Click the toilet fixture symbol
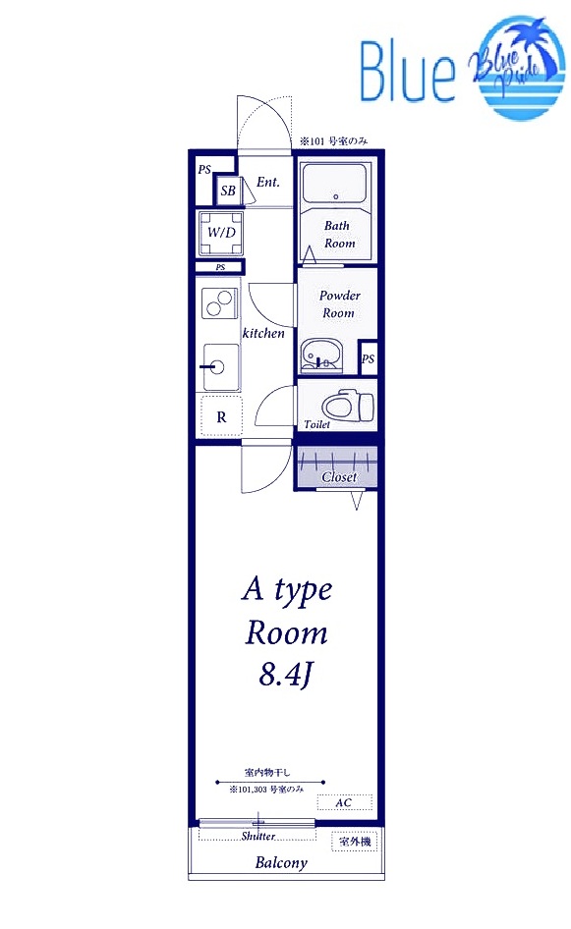click(x=348, y=406)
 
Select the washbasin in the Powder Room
click(x=320, y=355)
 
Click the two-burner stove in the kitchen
click(x=220, y=302)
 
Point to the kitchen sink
click(x=221, y=367)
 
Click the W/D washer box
click(x=220, y=232)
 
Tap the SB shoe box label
click(x=228, y=191)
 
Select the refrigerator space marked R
click(x=221, y=416)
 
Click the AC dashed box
click(x=345, y=802)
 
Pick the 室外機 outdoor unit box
click(x=355, y=842)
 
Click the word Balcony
click(x=281, y=862)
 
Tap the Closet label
click(x=339, y=477)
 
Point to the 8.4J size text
click(x=285, y=675)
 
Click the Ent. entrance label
click(x=268, y=182)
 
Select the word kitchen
click(x=263, y=333)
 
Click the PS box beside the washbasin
click(x=369, y=357)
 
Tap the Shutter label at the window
click(x=257, y=836)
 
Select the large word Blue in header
click(x=408, y=71)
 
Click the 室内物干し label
click(x=267, y=772)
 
